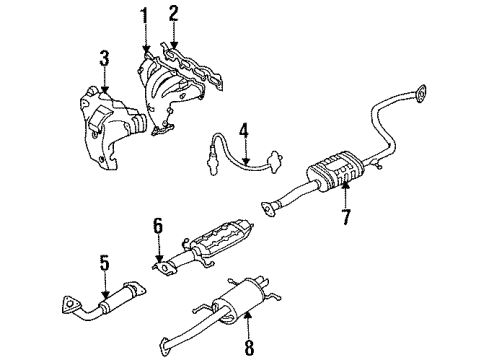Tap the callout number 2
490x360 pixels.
coord(173,12)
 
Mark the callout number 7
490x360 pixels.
coord(345,217)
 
